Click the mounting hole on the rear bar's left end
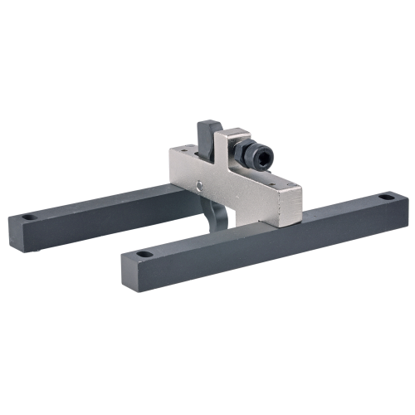(x=29, y=217)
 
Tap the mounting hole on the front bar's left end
(x=144, y=253)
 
